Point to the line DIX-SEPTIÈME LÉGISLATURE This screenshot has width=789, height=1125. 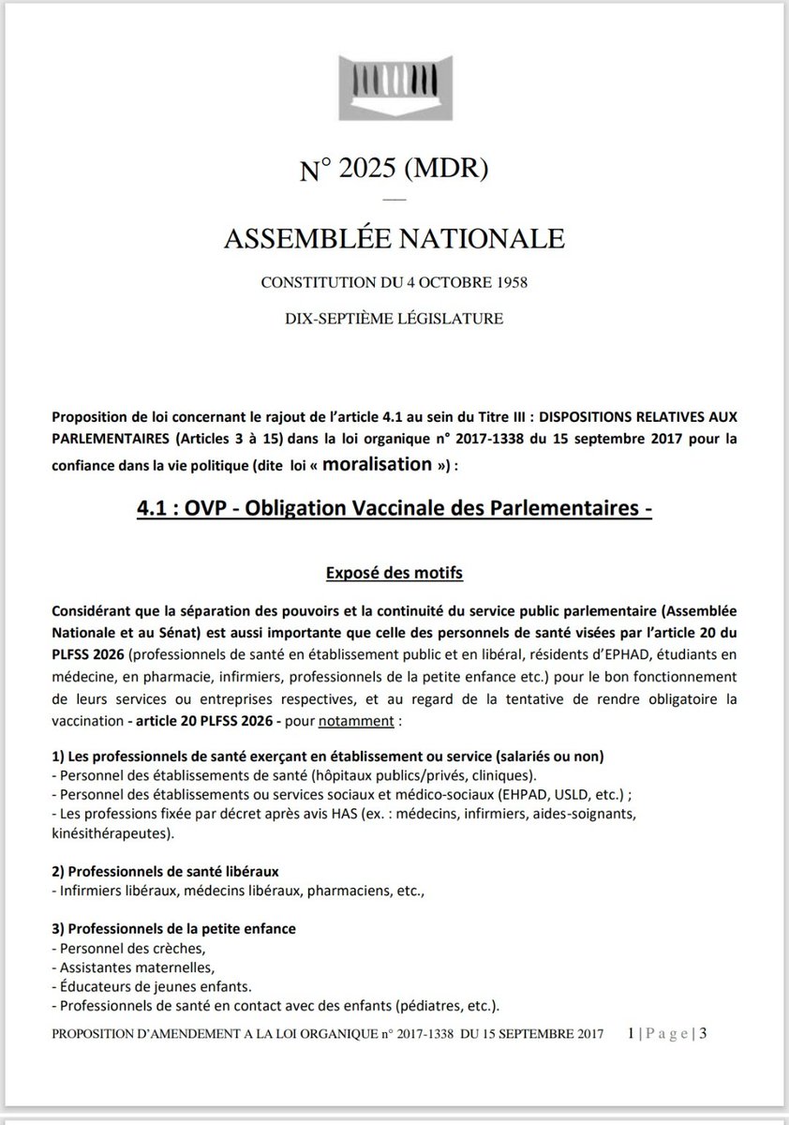[394, 319]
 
